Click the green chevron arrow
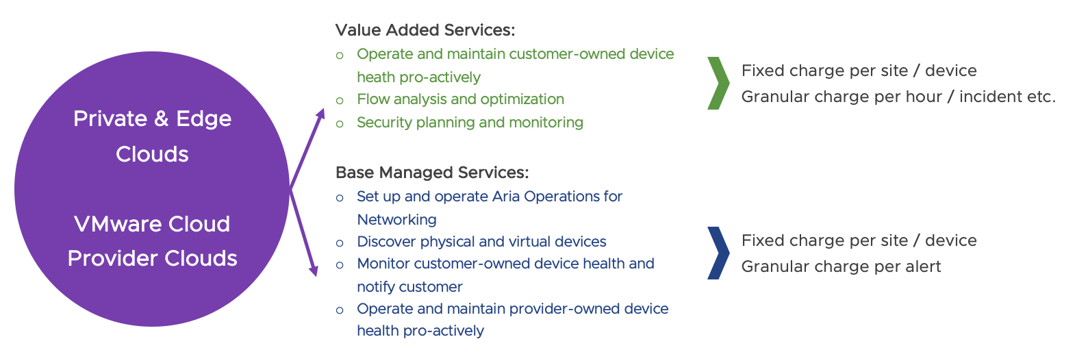719,83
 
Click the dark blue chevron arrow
719,253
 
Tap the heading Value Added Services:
425,30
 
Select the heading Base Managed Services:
432,173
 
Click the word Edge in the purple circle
203,119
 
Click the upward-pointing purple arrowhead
320,114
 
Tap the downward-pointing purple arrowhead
314,270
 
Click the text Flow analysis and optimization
460,99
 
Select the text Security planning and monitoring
470,123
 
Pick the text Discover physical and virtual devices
481,242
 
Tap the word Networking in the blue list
397,219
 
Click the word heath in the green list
373,77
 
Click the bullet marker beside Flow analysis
340,101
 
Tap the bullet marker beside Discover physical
340,243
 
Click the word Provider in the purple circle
112,259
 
